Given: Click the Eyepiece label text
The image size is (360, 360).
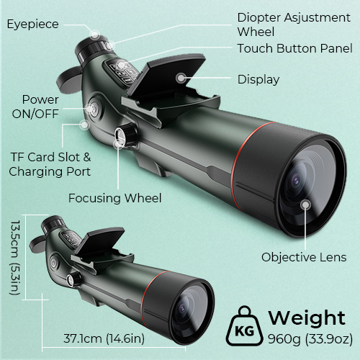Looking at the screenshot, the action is tap(33, 24).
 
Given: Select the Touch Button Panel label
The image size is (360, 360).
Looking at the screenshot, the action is tap(295, 48).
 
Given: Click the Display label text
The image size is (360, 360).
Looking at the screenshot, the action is tap(258, 79).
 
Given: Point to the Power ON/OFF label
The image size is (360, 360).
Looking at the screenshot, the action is tap(35, 107).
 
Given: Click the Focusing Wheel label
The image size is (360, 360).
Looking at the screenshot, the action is tap(114, 198).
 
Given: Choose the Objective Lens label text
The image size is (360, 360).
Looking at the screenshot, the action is tap(304, 257).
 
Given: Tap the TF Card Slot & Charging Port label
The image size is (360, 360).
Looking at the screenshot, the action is tap(50, 164).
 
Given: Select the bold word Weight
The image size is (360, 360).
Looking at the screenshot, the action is tap(307, 318).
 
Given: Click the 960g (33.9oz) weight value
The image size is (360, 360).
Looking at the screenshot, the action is tap(310, 338).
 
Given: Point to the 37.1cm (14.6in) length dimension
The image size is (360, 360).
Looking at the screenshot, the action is tap(104, 338).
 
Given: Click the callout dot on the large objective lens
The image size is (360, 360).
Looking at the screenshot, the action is tap(305, 204).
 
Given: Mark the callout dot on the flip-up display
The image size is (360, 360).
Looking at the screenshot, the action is tap(181, 78).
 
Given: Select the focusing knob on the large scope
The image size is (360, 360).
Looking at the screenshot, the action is tap(125, 135).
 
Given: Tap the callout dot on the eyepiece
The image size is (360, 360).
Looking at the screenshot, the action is tap(95, 35).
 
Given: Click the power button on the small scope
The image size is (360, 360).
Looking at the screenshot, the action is tap(53, 262).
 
